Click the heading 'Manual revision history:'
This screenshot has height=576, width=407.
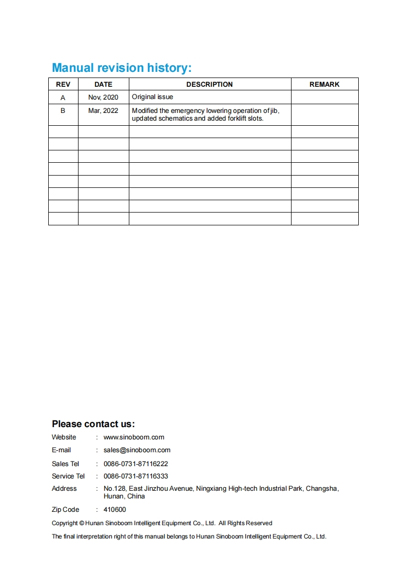(122, 68)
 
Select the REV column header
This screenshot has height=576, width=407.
(63, 84)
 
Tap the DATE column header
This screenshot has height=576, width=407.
(103, 84)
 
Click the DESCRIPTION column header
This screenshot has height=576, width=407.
(209, 84)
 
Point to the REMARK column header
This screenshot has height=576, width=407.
(324, 84)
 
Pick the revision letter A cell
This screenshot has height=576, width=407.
(63, 98)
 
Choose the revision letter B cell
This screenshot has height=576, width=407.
(63, 110)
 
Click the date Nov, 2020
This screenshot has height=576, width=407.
(103, 98)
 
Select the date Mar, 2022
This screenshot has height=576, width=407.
(103, 110)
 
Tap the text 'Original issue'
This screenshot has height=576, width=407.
(152, 97)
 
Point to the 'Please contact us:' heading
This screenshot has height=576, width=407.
(93, 424)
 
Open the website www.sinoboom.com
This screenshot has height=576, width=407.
(134, 437)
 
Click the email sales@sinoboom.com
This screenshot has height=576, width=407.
(137, 450)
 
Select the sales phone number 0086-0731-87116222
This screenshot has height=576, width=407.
(136, 464)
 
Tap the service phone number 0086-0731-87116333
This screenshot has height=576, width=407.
(136, 476)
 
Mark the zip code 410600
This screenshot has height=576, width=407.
(114, 510)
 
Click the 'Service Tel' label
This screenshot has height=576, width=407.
(68, 476)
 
